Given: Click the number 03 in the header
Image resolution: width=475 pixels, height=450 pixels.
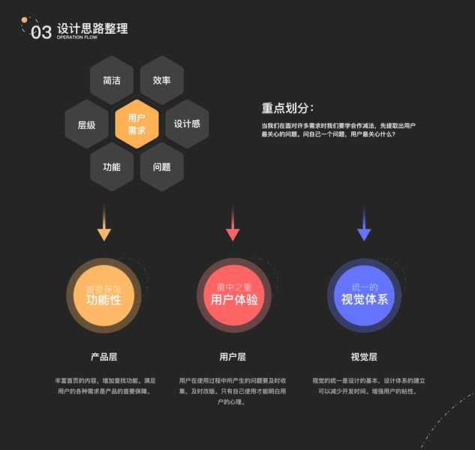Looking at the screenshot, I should click(41, 31).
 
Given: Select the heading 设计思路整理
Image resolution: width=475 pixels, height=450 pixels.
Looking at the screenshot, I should click(92, 28).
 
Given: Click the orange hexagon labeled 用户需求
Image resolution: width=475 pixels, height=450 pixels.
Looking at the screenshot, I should click(137, 124).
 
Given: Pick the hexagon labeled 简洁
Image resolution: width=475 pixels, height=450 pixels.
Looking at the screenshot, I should click(112, 80).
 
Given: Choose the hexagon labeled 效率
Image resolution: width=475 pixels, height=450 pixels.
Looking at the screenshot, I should click(161, 80).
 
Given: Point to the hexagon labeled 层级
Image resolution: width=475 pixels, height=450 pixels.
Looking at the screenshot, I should click(86, 124).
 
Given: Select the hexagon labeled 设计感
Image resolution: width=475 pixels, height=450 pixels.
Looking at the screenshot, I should click(187, 124).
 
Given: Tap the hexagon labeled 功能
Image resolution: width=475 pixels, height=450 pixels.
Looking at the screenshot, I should click(112, 166).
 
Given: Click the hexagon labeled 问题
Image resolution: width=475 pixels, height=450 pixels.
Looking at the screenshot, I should click(161, 166).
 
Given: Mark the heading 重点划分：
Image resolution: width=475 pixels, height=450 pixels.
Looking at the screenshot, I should click(287, 108).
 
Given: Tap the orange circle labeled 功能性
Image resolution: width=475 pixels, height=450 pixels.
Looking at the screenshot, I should click(104, 295).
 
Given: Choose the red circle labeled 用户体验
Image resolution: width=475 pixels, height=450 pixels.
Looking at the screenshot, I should click(233, 295).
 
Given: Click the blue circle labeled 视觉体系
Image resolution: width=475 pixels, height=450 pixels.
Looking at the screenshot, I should click(364, 295).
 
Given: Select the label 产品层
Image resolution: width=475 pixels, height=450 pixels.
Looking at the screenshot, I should click(104, 357).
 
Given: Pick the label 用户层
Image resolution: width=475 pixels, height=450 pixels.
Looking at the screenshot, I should click(233, 357).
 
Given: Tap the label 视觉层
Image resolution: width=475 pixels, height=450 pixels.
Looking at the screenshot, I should click(364, 357).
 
